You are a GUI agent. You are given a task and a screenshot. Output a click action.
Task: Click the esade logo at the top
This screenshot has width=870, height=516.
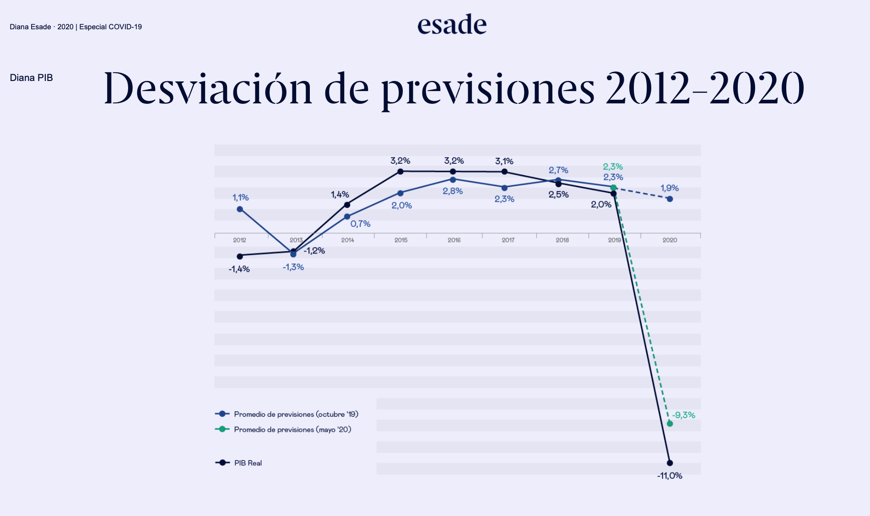[452, 25]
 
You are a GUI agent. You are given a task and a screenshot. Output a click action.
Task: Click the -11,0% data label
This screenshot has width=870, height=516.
[670, 476]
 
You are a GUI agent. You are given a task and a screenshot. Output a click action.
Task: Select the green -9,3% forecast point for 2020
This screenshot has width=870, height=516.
[670, 424]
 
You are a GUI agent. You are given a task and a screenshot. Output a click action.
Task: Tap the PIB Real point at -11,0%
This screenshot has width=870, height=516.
[670, 463]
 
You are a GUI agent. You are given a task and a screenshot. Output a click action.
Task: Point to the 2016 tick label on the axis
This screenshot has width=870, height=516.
[454, 240]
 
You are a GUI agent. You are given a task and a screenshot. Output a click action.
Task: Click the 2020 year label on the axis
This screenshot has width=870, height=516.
[670, 240]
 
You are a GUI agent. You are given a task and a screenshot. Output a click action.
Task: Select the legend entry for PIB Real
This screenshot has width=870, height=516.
[248, 463]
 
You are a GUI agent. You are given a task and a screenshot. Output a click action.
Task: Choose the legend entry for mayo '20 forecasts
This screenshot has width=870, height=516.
[292, 430]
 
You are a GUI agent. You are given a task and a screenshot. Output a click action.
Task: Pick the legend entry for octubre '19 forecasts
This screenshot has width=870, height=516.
[296, 414]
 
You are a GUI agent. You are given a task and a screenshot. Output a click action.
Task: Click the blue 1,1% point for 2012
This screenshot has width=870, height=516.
[240, 209]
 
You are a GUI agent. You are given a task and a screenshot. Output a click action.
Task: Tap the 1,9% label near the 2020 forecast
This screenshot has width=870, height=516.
[670, 188]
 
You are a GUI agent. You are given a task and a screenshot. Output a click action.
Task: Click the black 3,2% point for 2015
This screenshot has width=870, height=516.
[400, 172]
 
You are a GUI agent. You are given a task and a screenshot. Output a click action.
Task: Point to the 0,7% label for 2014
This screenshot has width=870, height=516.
[361, 224]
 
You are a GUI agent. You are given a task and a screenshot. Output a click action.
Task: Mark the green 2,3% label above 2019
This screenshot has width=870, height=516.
[613, 167]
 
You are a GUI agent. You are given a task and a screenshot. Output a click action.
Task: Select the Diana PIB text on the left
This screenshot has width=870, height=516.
[32, 78]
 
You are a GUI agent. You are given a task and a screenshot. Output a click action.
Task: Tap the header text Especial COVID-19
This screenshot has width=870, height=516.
[110, 27]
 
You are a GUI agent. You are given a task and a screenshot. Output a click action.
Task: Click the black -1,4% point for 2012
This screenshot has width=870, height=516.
[240, 256]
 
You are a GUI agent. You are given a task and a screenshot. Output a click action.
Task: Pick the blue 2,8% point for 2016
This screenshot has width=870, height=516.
[453, 180]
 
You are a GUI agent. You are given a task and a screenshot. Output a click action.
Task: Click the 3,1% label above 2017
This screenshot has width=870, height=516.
[504, 161]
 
